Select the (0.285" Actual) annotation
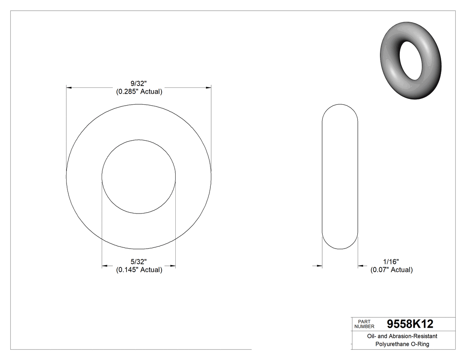139,92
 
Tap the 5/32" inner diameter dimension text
139,261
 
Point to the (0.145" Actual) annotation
139,270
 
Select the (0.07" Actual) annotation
391,270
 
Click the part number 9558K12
410,324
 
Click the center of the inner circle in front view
139,177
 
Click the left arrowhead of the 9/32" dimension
69,88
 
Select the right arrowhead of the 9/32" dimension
208,88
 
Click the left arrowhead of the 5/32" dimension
105,266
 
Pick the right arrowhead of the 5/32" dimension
173,266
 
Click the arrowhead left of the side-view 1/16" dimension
319,266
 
